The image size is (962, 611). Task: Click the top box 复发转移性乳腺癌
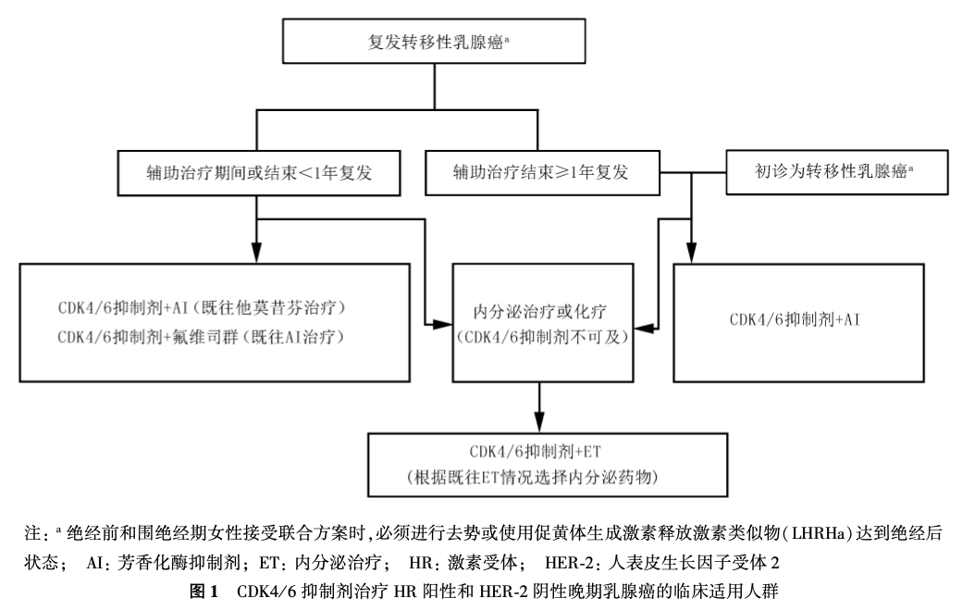(435, 41)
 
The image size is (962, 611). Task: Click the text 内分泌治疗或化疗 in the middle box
(541, 311)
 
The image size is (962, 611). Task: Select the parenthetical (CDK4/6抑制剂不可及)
(541, 338)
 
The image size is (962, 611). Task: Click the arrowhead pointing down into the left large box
(255, 253)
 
